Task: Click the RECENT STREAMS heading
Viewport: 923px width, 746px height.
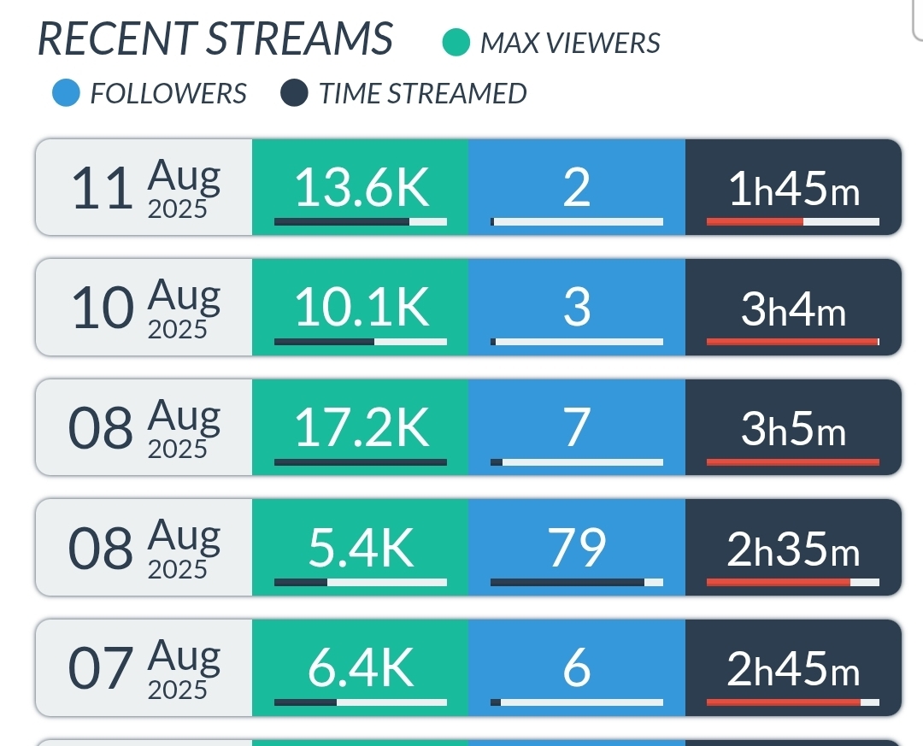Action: (x=215, y=39)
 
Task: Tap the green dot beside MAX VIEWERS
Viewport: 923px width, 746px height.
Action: (x=456, y=43)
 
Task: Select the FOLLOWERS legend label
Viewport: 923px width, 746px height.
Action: (x=168, y=93)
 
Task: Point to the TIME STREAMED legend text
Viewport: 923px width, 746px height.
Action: (x=422, y=93)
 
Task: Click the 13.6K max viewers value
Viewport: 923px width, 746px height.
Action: (x=362, y=189)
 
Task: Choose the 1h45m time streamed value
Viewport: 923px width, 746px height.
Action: (x=794, y=190)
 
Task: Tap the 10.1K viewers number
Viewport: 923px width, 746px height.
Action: (x=362, y=308)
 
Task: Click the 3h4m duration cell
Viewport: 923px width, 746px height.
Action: (x=794, y=309)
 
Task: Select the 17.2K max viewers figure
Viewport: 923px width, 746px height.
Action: (x=362, y=429)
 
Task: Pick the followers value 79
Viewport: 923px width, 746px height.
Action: (x=577, y=549)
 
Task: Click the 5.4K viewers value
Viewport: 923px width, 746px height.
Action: (x=362, y=549)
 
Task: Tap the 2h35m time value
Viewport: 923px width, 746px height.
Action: (x=794, y=549)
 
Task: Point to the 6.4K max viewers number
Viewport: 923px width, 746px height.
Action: (x=362, y=668)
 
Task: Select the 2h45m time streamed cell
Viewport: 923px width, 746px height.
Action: (x=794, y=669)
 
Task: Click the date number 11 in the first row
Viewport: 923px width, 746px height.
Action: (x=103, y=190)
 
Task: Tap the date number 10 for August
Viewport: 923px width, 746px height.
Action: (x=103, y=309)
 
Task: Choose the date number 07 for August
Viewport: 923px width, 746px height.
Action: (x=101, y=669)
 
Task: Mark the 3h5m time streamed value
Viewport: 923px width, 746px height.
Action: (x=794, y=430)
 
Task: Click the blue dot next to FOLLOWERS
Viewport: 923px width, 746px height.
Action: (x=67, y=93)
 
